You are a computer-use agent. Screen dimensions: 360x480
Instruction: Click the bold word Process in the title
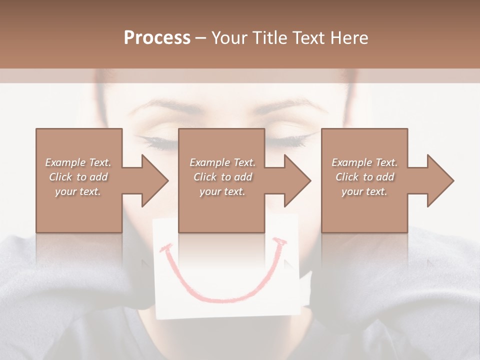click(157, 38)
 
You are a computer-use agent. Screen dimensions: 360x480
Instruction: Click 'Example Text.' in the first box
click(78, 162)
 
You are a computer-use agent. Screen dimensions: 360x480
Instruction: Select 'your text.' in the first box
click(78, 191)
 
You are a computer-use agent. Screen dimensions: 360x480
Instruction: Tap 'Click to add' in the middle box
click(222, 177)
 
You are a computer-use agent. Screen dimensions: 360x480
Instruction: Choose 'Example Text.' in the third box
click(364, 162)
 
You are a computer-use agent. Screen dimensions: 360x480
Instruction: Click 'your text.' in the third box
click(364, 191)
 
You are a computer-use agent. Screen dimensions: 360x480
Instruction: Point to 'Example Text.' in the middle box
click(222, 162)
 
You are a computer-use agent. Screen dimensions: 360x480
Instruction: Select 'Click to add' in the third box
click(364, 177)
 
